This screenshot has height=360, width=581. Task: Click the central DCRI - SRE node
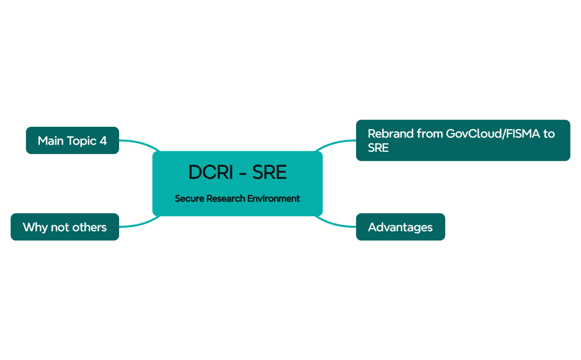click(237, 183)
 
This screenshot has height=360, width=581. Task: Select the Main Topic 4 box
click(73, 141)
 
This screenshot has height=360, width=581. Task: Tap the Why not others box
click(65, 227)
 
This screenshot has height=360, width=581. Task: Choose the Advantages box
click(400, 227)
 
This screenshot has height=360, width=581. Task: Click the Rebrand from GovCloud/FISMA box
click(462, 141)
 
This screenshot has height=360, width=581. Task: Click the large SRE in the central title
click(270, 173)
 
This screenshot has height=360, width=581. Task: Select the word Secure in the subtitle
click(189, 198)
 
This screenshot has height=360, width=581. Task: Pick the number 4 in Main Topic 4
click(103, 141)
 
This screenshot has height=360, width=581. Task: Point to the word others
click(89, 227)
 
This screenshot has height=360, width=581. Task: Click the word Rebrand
click(390, 134)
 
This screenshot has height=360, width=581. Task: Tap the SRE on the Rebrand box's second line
click(378, 148)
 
